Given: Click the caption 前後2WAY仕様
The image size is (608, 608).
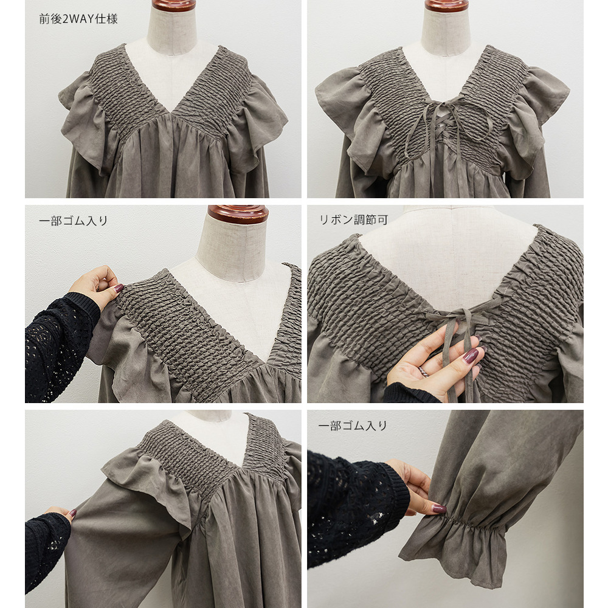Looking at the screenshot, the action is click(78, 19).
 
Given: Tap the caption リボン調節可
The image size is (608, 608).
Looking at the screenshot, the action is click(353, 220).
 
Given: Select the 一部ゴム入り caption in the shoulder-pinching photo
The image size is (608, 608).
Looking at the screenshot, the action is click(74, 221).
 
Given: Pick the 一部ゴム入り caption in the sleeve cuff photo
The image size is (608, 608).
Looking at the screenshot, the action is click(353, 426).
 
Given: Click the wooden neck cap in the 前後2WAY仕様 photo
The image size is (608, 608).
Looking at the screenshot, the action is click(174, 5).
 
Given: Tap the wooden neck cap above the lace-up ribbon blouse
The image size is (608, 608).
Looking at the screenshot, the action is click(446, 5).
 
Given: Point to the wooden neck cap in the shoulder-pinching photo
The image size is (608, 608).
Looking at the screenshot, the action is click(238, 214).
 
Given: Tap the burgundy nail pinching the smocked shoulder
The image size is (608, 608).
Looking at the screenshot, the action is click(119, 288).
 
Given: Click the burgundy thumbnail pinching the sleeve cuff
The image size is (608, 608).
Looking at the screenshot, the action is click(439, 508).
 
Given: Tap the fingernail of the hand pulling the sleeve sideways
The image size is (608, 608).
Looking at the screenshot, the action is click(72, 513).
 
